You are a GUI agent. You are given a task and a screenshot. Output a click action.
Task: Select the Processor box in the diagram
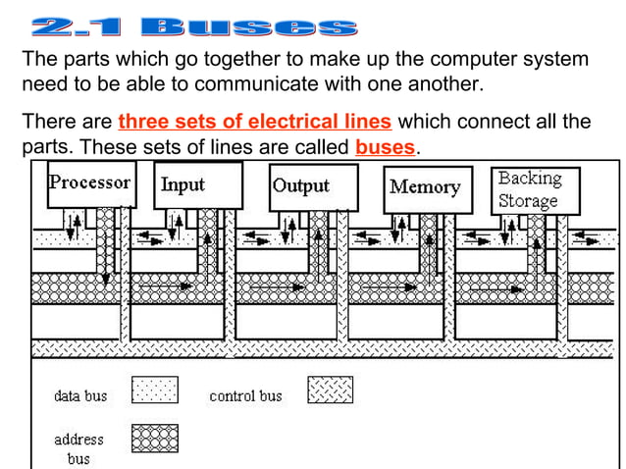pyautogui.click(x=90, y=184)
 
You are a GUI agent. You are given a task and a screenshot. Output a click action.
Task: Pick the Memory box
pyautogui.click(x=425, y=187)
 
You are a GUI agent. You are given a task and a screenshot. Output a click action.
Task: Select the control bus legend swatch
pyautogui.click(x=331, y=391)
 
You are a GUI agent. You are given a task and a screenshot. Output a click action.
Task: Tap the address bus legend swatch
pyautogui.click(x=153, y=439)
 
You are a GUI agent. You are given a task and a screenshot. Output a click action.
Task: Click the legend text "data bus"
pyautogui.click(x=80, y=396)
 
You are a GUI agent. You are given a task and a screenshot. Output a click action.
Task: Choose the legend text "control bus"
pyautogui.click(x=245, y=396)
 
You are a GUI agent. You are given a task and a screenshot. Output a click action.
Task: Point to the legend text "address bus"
pyautogui.click(x=78, y=449)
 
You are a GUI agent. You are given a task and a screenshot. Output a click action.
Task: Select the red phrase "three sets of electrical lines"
pyautogui.click(x=255, y=123)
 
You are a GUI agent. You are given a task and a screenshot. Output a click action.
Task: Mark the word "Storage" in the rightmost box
pyautogui.click(x=528, y=201)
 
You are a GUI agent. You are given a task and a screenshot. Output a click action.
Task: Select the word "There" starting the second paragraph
pyautogui.click(x=45, y=123)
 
